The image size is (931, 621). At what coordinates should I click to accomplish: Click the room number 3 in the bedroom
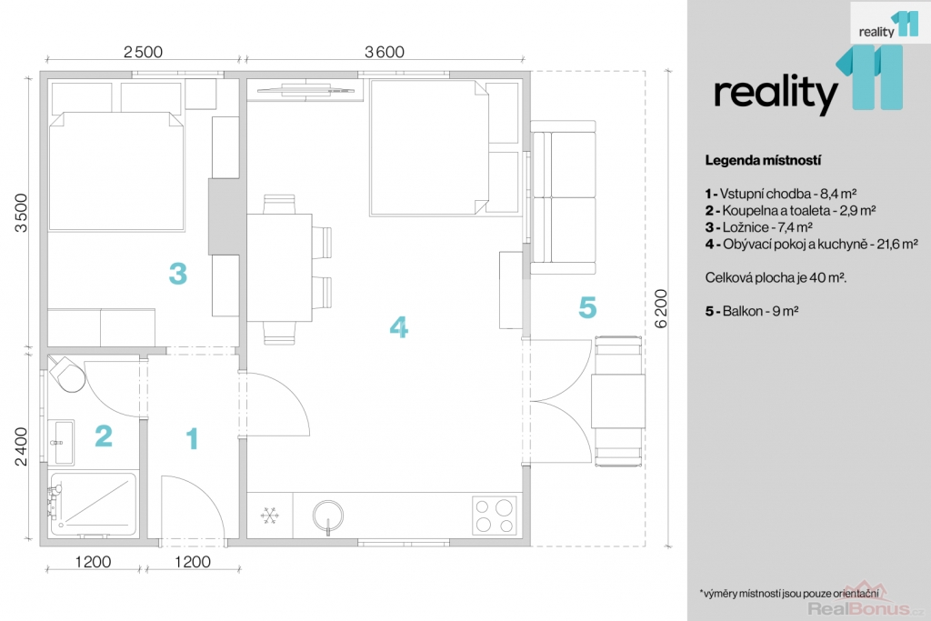pyautogui.click(x=178, y=272)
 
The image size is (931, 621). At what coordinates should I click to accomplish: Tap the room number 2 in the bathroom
pyautogui.click(x=104, y=436)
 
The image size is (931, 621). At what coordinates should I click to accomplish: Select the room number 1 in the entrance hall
pyautogui.click(x=192, y=439)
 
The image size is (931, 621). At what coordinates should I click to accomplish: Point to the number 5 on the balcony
pyautogui.click(x=588, y=308)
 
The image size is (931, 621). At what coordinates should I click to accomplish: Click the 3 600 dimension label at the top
pyautogui.click(x=384, y=52)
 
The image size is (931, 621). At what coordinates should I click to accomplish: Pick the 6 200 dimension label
pyautogui.click(x=662, y=308)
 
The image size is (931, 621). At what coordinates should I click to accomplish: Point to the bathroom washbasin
pyautogui.click(x=63, y=441)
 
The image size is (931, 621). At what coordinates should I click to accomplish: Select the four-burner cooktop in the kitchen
pyautogui.click(x=495, y=515)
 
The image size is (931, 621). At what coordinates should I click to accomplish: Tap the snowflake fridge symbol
pyautogui.click(x=268, y=516)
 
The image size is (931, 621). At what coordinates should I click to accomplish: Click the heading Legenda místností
pyautogui.click(x=763, y=161)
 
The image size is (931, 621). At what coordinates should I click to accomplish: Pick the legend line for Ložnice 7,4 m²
pyautogui.click(x=758, y=227)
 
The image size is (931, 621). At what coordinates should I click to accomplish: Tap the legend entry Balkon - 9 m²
pyautogui.click(x=752, y=311)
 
